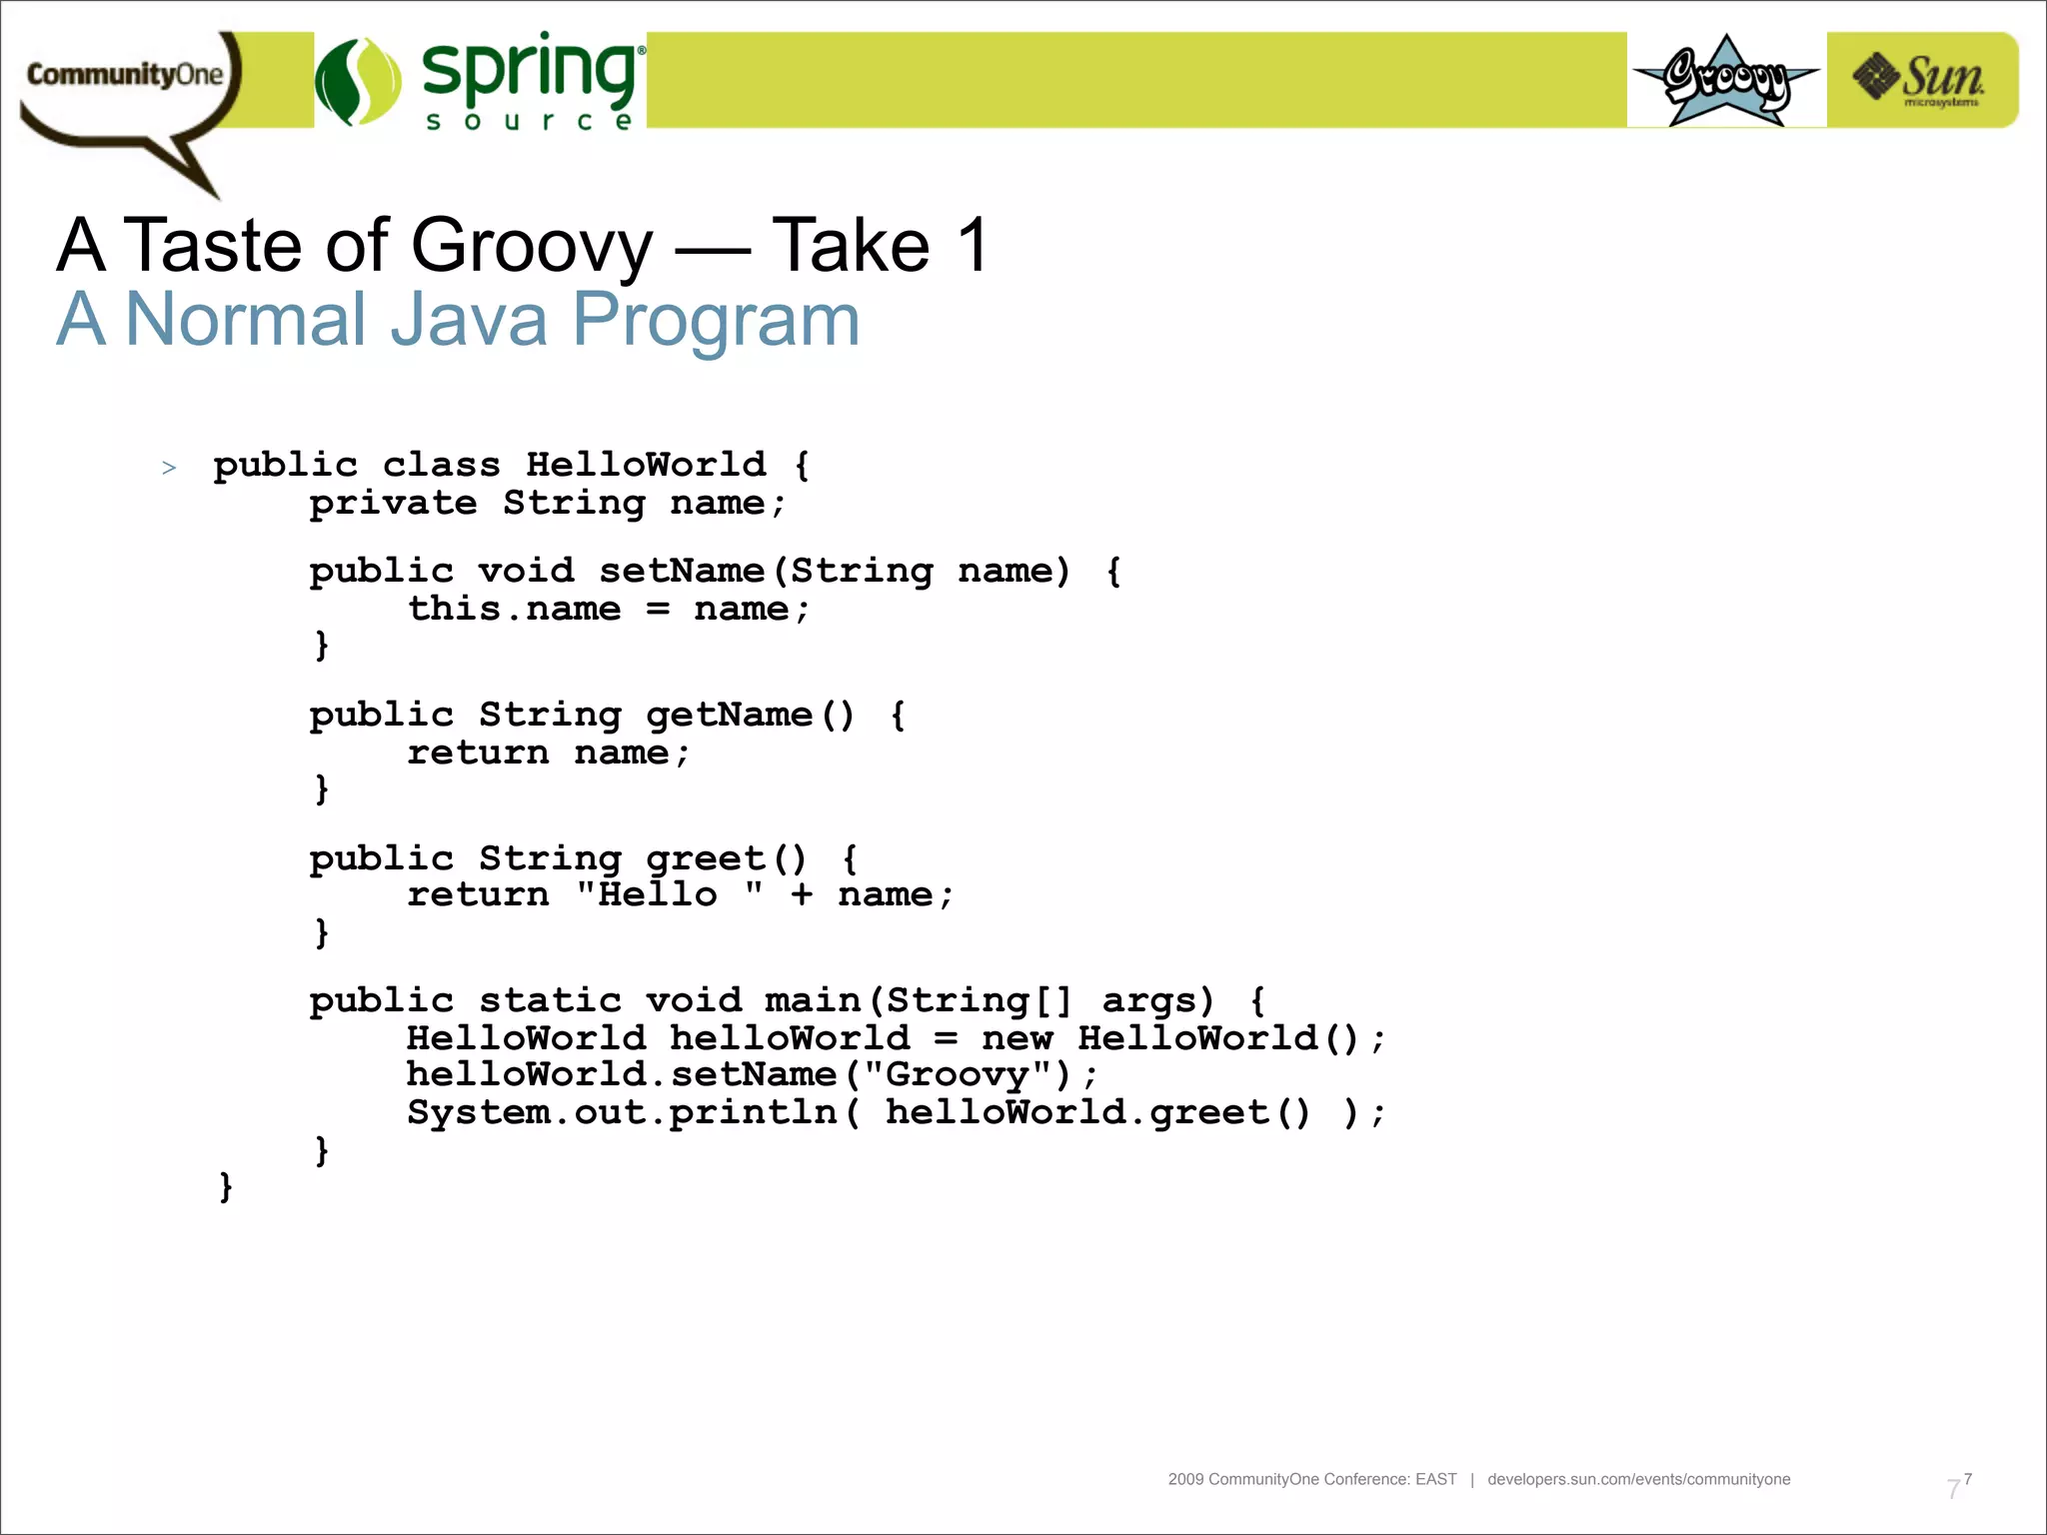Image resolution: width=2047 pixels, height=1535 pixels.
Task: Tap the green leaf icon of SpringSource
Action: click(357, 82)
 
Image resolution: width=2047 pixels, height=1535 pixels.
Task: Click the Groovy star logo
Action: click(1726, 80)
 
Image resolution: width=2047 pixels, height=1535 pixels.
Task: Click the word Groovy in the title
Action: click(531, 246)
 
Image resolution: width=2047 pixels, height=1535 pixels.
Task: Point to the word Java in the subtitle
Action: click(468, 321)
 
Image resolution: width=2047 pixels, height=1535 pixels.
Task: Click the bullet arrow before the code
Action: click(169, 468)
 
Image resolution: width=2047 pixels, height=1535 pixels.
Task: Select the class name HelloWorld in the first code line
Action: click(646, 465)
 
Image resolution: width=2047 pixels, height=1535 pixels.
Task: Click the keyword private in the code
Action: click(393, 503)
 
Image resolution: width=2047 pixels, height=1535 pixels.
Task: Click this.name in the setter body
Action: click(514, 609)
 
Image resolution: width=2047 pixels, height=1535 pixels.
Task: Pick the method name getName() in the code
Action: click(750, 715)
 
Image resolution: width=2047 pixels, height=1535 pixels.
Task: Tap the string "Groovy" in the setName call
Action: click(958, 1074)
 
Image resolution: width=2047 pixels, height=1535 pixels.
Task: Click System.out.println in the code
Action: click(622, 1112)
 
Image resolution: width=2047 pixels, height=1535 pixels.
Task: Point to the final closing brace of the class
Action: click(226, 1187)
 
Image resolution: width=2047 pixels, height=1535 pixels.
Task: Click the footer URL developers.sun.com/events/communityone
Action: click(1638, 1479)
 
